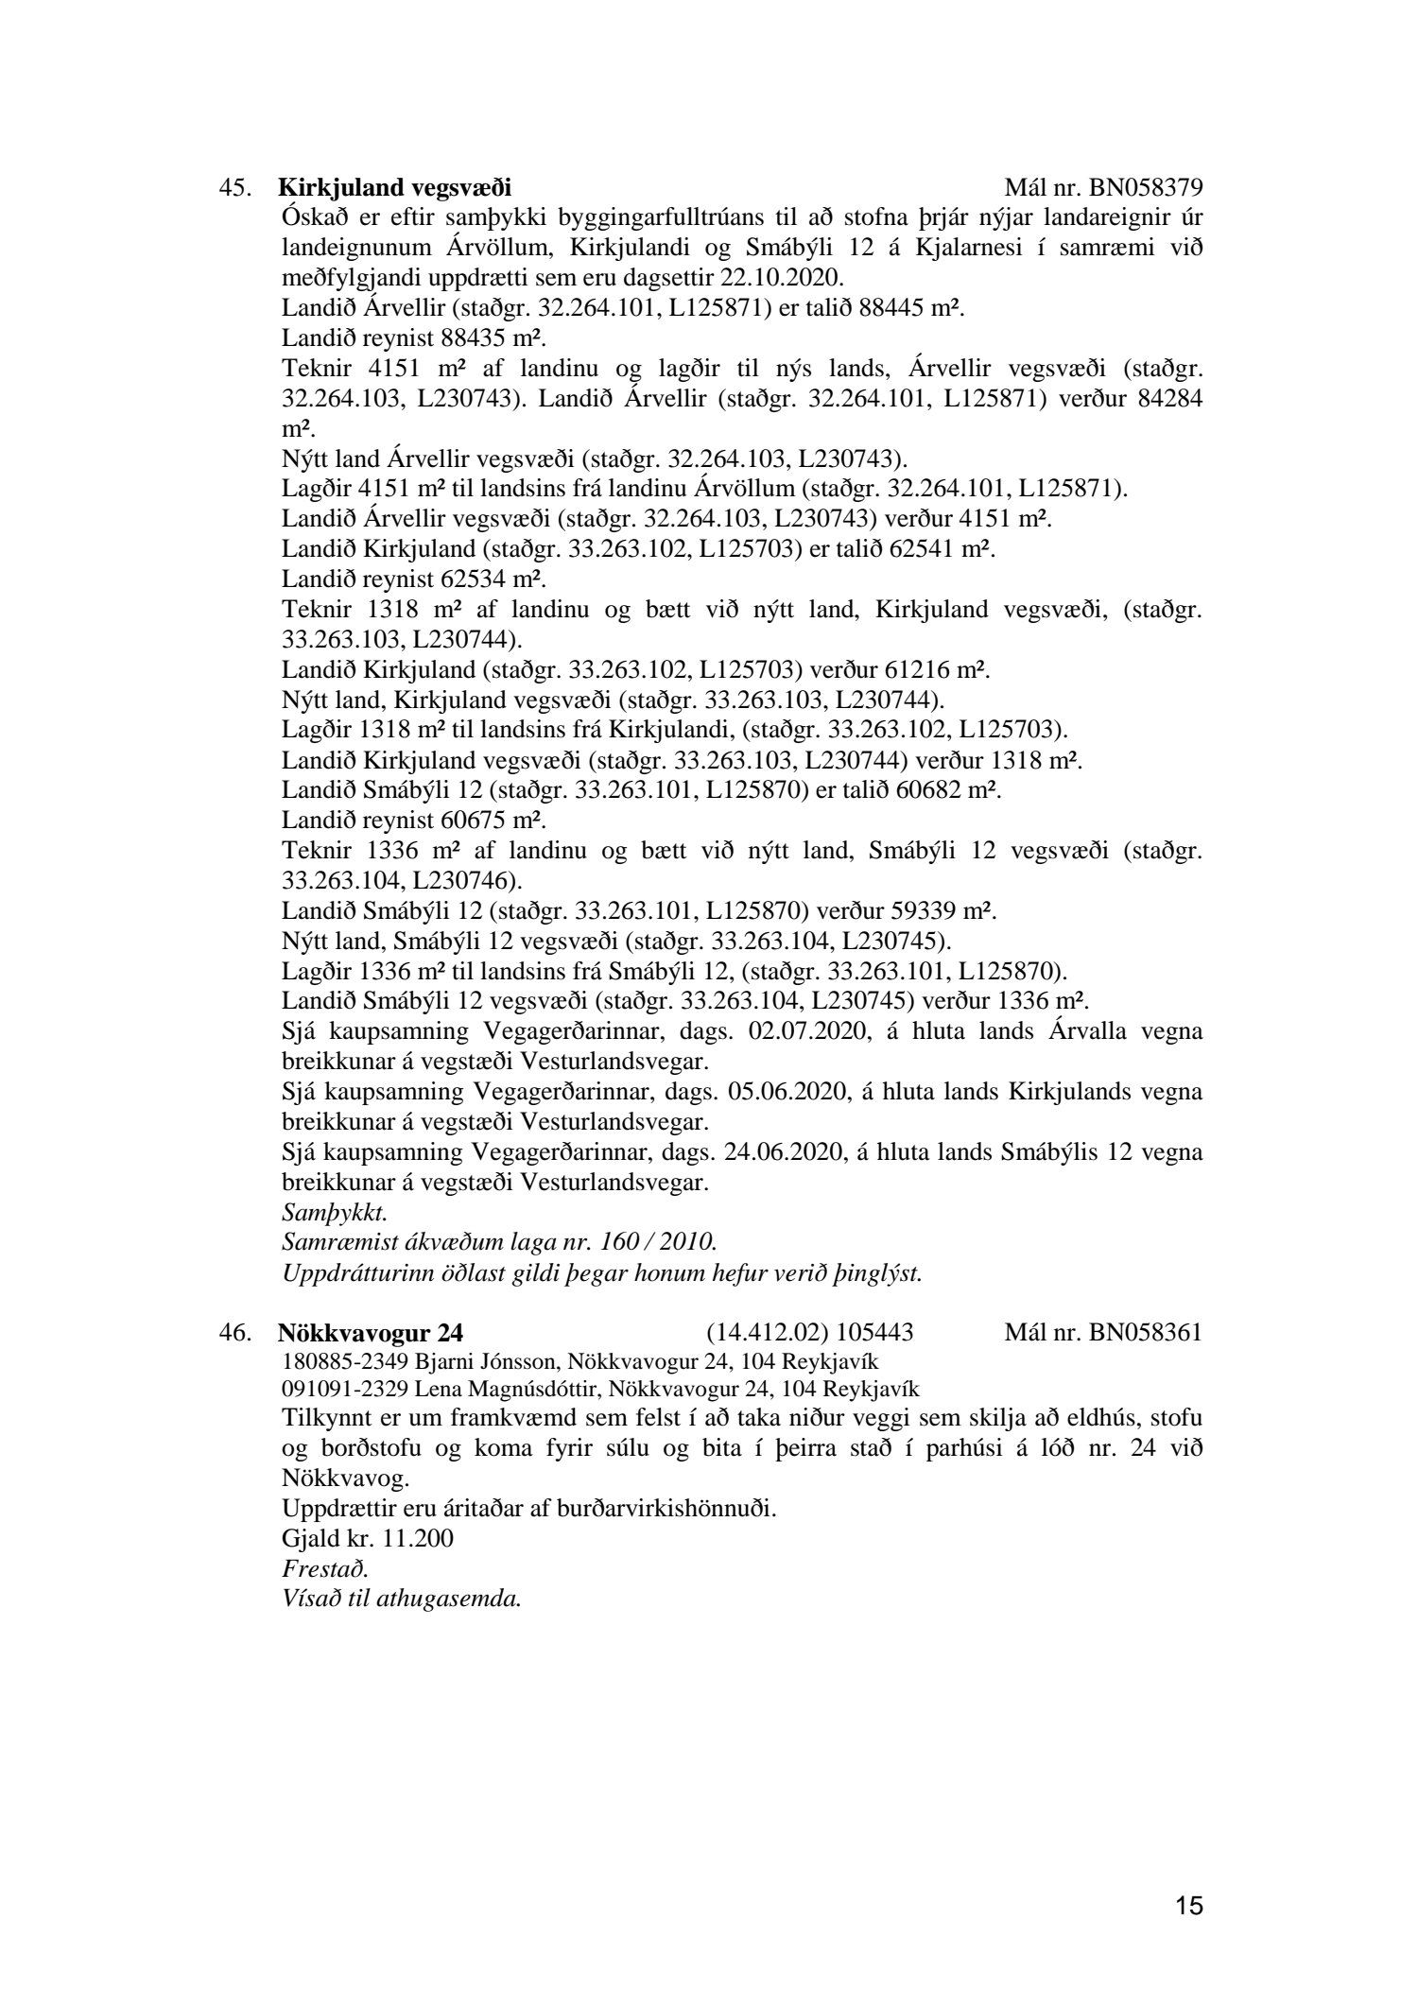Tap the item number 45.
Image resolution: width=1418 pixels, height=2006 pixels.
[x=234, y=186]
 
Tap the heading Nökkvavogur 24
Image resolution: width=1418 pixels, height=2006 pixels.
[x=371, y=1333]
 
